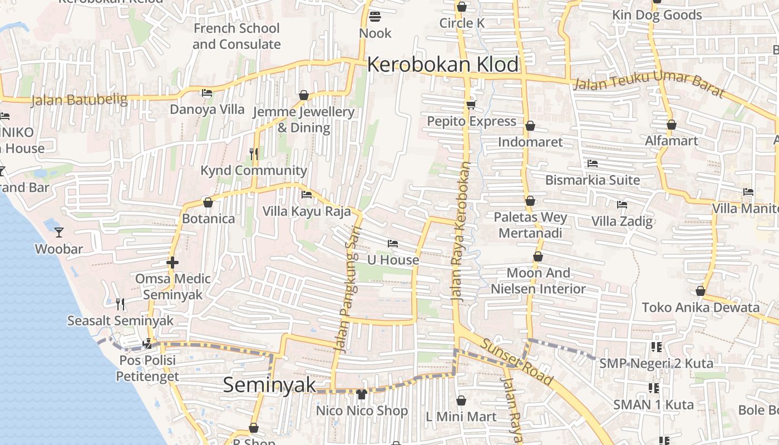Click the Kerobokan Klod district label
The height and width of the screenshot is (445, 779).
click(x=443, y=65)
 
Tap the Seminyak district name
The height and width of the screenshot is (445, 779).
click(x=269, y=385)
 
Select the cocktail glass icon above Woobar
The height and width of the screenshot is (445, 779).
click(x=59, y=232)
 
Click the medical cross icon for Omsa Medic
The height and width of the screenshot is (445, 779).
click(x=172, y=262)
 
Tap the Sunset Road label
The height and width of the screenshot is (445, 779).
click(x=517, y=362)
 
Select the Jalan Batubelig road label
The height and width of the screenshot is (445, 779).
click(x=79, y=100)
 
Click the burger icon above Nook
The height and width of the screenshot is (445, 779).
click(x=375, y=17)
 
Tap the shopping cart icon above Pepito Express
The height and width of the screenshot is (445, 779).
click(x=471, y=105)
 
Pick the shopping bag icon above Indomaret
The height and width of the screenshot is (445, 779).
click(x=530, y=126)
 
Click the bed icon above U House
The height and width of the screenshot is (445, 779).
click(x=393, y=244)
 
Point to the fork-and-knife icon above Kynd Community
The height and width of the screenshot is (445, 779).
click(x=254, y=154)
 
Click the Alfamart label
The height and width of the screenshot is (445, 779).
click(x=671, y=141)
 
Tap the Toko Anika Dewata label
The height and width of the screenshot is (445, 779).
click(x=701, y=307)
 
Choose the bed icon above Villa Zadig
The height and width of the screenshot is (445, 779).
click(x=622, y=205)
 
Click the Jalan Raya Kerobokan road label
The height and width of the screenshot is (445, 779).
click(x=461, y=231)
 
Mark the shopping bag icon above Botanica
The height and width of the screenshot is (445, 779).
click(x=208, y=202)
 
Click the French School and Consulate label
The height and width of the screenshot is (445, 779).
click(x=236, y=36)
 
